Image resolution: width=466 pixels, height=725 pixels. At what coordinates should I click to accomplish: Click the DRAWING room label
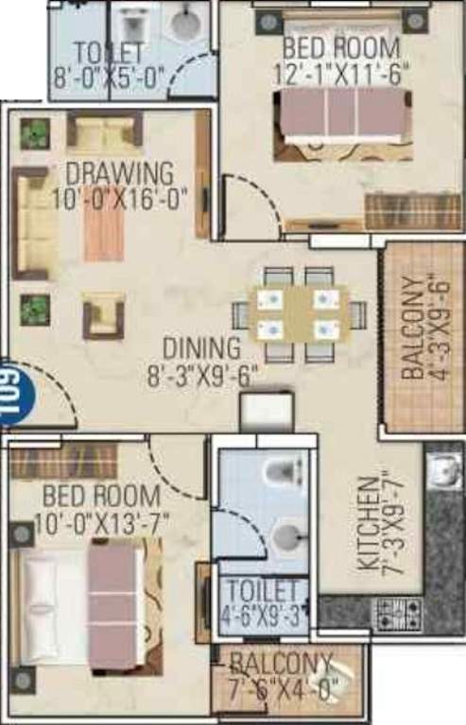[x=119, y=174]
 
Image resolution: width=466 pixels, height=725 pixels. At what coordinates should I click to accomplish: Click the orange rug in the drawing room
[x=103, y=227]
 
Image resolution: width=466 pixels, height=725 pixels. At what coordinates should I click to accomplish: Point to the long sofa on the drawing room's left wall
[x=30, y=223]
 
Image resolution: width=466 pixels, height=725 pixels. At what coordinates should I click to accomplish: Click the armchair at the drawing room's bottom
[x=103, y=315]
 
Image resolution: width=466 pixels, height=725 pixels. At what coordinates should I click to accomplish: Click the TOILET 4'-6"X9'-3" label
[x=265, y=601]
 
